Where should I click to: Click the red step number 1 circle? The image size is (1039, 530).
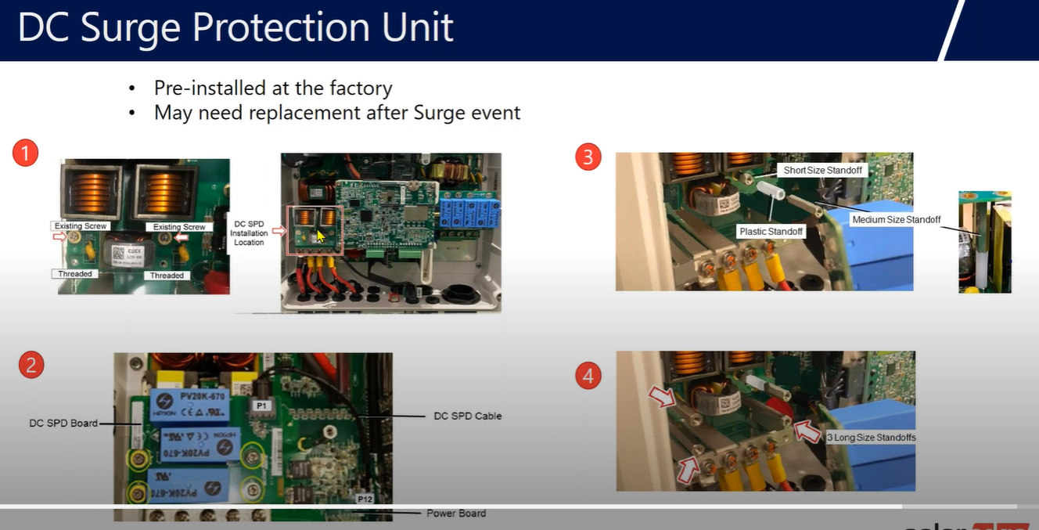pyautogui.click(x=25, y=153)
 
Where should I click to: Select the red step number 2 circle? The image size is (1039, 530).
pyautogui.click(x=31, y=365)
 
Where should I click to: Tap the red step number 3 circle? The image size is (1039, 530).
pyautogui.click(x=588, y=157)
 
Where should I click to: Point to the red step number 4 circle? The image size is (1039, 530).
pyautogui.click(x=588, y=377)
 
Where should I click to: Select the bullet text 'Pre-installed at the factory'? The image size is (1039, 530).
pyautogui.click(x=273, y=88)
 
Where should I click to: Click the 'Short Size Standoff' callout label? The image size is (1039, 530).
pyautogui.click(x=825, y=170)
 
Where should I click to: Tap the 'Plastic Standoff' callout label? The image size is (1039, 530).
pyautogui.click(x=771, y=232)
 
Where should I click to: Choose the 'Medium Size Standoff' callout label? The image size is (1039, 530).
pyautogui.click(x=896, y=220)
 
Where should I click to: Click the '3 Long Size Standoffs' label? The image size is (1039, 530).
pyautogui.click(x=871, y=438)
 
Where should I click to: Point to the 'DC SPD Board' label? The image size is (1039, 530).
pyautogui.click(x=63, y=423)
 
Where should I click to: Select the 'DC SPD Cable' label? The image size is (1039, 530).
pyautogui.click(x=467, y=416)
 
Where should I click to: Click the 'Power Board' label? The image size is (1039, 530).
pyautogui.click(x=456, y=514)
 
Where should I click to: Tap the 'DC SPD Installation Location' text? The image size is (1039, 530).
pyautogui.click(x=250, y=233)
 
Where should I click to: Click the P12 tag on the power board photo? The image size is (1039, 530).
pyautogui.click(x=365, y=499)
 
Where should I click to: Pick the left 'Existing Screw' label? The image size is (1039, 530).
pyautogui.click(x=81, y=226)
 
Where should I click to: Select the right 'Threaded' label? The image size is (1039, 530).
pyautogui.click(x=167, y=275)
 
